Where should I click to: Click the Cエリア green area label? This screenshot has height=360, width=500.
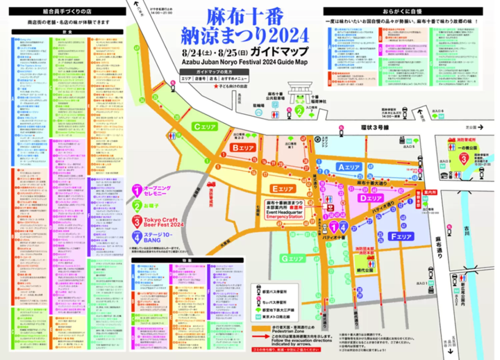click(x=206, y=126)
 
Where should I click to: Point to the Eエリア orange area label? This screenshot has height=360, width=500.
click(x=285, y=188)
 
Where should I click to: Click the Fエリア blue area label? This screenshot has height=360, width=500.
click(x=401, y=237)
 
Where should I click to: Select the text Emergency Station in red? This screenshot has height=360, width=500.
click(x=285, y=218)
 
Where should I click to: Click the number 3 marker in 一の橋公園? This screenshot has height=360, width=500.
click(x=461, y=159)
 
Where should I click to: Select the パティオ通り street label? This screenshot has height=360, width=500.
click(x=381, y=208)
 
